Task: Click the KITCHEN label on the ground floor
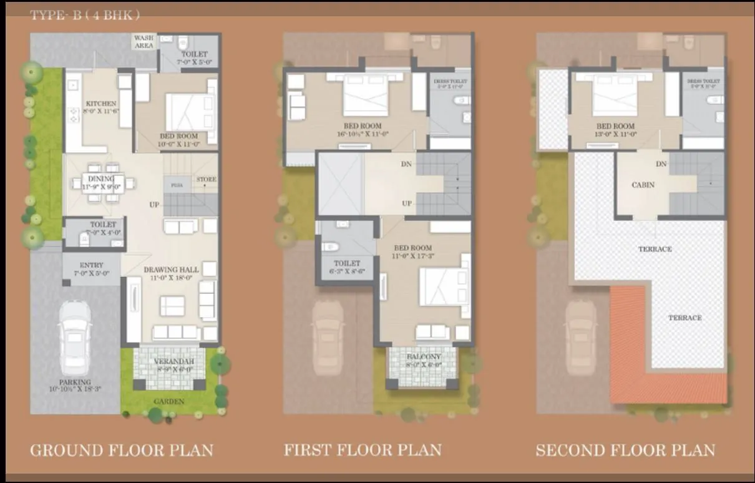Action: point(101,104)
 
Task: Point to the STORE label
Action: point(207,180)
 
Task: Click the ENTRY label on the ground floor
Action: point(92,265)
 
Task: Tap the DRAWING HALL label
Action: point(171,270)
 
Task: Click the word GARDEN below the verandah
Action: point(168,401)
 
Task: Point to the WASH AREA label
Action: point(144,42)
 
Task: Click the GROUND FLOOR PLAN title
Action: point(122,450)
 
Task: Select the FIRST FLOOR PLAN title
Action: point(363,450)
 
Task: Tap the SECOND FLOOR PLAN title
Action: point(625,450)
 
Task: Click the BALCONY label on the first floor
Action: point(424,357)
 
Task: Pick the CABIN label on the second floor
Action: point(643,185)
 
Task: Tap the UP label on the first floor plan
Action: point(407,203)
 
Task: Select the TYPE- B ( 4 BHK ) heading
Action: point(82,16)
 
